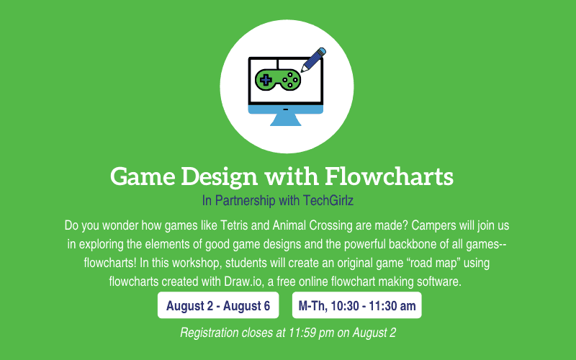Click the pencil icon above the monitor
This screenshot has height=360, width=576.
[313, 60]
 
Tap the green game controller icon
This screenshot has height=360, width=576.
[278, 80]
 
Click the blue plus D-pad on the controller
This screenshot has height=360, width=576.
[266, 80]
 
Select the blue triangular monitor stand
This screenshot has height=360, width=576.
[286, 120]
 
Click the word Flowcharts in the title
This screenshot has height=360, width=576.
[390, 176]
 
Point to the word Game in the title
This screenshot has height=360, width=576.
[143, 176]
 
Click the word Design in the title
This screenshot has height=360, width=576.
[220, 177]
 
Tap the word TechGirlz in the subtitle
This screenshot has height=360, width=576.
[328, 201]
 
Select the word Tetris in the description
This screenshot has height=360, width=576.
[233, 225]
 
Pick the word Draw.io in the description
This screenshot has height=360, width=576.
[243, 282]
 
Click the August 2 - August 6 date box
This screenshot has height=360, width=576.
[218, 305]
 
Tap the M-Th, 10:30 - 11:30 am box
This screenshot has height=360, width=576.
[356, 305]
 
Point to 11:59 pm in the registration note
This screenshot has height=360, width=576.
[312, 333]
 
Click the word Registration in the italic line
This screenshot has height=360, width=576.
[210, 333]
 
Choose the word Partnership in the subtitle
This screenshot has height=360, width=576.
[245, 201]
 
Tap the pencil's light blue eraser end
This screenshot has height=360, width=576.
[321, 52]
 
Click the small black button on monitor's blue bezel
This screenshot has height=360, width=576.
[285, 109]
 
